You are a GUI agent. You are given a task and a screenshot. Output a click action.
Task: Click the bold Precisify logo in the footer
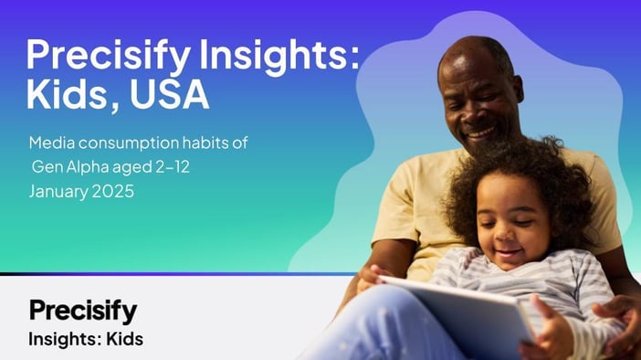[x=82, y=310]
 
